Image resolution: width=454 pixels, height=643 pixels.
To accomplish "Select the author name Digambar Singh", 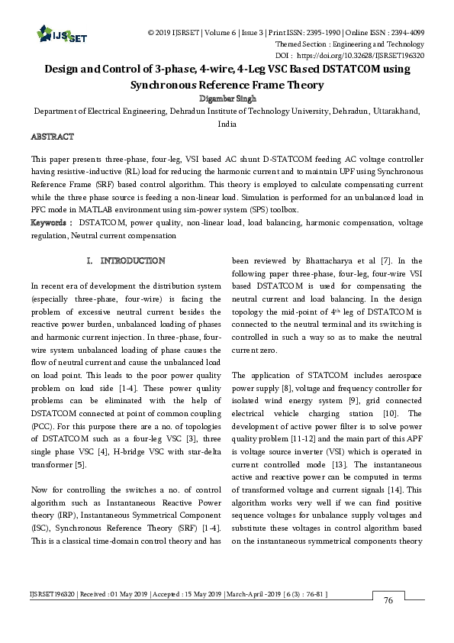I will coord(227,98).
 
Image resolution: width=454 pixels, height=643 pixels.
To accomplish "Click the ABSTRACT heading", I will coord(52,137).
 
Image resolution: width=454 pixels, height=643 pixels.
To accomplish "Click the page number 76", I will coord(388,622).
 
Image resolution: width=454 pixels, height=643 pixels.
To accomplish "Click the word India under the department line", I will coord(227,123).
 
